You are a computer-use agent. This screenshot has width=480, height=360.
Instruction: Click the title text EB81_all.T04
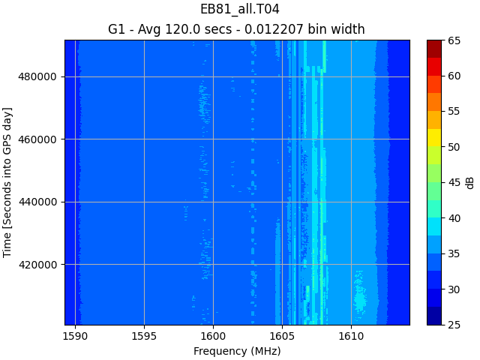239,10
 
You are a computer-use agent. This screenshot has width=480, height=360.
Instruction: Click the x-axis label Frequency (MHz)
237,351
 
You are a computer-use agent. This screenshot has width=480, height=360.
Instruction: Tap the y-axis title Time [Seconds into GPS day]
8,182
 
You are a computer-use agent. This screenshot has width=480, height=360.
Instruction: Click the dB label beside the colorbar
470,182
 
